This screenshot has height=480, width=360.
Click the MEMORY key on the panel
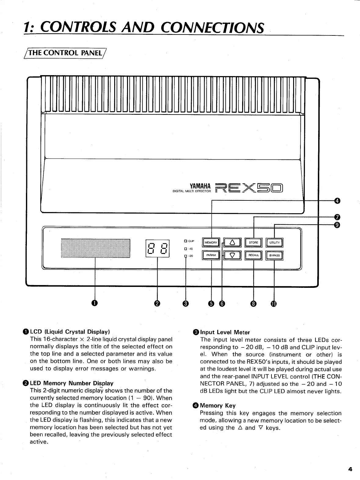[211, 243]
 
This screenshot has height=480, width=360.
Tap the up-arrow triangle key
[232, 243]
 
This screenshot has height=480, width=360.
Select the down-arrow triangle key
[232, 255]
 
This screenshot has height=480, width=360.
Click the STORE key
[253, 243]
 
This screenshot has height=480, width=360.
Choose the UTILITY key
[275, 243]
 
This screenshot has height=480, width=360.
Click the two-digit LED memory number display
[157, 248]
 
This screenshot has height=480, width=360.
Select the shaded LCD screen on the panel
[96, 248]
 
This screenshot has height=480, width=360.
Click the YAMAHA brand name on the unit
[200, 185]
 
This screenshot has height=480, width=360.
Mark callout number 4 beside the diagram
[337, 200]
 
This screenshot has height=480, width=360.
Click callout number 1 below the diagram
[95, 303]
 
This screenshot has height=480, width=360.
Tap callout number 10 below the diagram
[274, 303]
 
